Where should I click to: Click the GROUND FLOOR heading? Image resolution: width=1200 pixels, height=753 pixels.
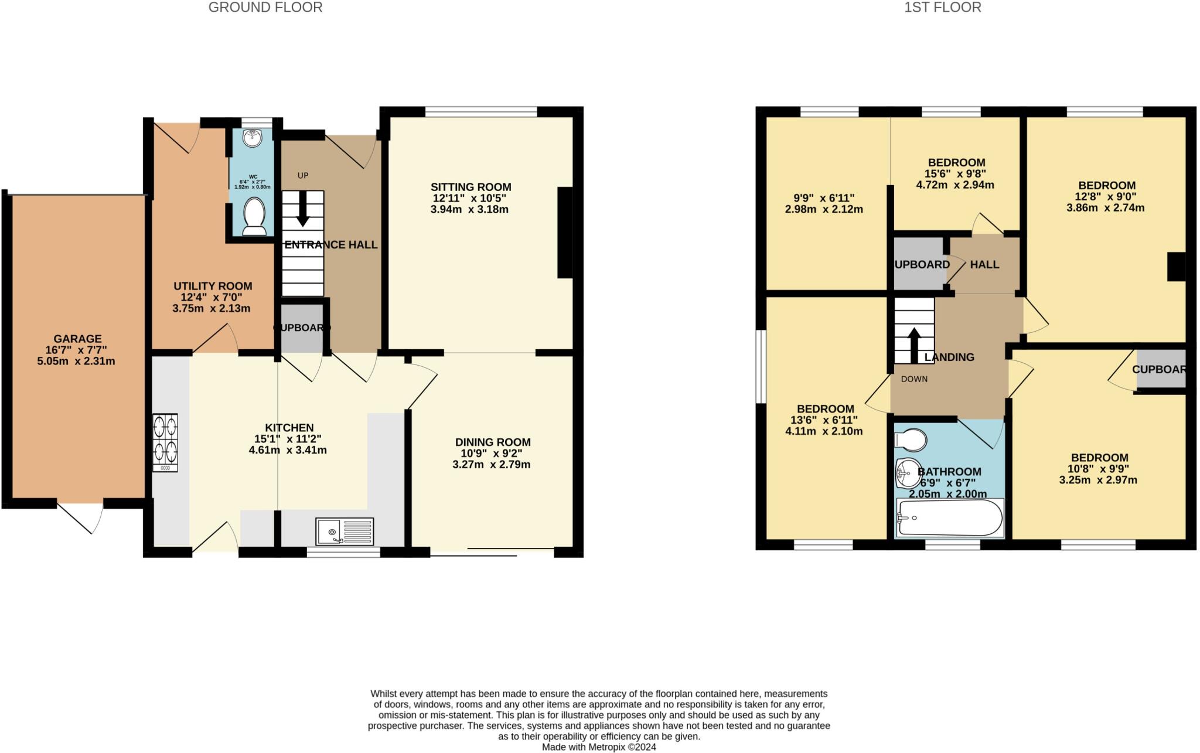tap(265, 8)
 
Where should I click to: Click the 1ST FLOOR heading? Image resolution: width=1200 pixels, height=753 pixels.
tap(942, 8)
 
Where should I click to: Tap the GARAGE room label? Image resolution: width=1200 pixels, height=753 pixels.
tap(77, 339)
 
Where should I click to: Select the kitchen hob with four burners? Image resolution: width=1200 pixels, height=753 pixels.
tap(165, 443)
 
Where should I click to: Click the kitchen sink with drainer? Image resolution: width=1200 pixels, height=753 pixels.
tap(344, 531)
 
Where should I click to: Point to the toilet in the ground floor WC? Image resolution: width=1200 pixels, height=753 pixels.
tap(254, 216)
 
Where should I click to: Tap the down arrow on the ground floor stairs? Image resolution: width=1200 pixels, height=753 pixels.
tap(302, 212)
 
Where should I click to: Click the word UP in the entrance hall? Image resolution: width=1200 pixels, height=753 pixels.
tap(302, 175)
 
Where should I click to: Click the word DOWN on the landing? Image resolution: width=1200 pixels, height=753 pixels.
tap(914, 379)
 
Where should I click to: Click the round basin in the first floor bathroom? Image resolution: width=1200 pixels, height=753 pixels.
tap(907, 473)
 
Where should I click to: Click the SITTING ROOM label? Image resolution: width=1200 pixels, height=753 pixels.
tap(471, 187)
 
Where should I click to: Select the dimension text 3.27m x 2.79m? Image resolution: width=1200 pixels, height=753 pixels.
tap(491, 465)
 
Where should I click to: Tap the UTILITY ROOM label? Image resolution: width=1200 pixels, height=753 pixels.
tap(213, 286)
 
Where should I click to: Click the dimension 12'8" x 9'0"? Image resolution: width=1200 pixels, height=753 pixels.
tap(1106, 196)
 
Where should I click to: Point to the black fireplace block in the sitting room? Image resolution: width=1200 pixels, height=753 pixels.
tap(565, 232)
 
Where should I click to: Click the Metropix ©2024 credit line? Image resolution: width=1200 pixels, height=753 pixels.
tap(598, 747)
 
